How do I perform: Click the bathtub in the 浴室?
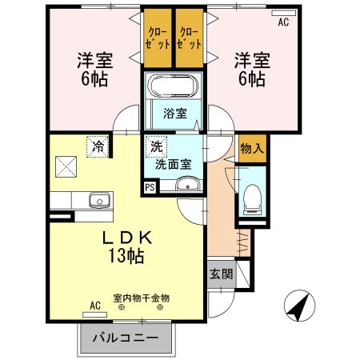coord(173,86)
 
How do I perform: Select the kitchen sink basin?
coord(99,200)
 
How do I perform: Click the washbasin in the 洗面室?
coord(188,184)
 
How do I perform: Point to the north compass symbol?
coord(299,306)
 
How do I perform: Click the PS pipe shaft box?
coord(150,187)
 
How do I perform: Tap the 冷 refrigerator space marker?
coord(98,146)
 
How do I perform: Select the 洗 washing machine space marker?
coord(156,146)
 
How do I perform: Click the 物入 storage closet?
coord(252,148)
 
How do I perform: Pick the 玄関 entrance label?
coord(222,274)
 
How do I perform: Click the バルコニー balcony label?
coord(126,338)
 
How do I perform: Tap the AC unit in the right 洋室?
coord(284,13)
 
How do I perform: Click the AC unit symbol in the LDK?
coord(94,314)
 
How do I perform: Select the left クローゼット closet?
coord(158,38)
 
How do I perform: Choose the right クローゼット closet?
coord(190,38)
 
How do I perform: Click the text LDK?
coord(127,237)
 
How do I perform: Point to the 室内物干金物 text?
coord(142,298)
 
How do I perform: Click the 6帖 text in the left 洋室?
coord(94,79)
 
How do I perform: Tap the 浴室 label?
coord(175,114)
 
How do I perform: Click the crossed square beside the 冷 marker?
coord(66,166)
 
